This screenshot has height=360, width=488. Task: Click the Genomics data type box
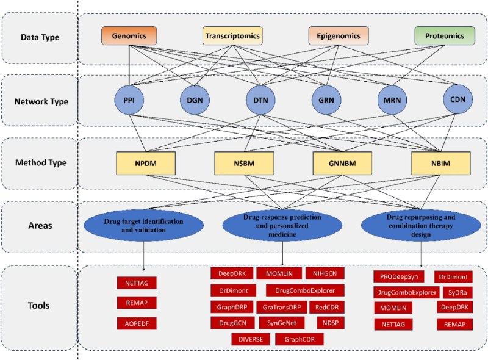[x=129, y=36]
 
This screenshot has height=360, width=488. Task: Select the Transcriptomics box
[x=232, y=36]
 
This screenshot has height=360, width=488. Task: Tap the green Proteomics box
[x=445, y=36]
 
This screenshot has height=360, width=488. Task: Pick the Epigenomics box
[x=339, y=36]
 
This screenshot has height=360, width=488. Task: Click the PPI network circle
[x=129, y=100]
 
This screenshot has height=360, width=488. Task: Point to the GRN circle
[x=326, y=100]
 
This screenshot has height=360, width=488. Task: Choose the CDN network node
[x=458, y=99]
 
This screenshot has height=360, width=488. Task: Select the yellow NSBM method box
[x=244, y=163]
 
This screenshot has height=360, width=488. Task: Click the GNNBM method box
[x=342, y=163]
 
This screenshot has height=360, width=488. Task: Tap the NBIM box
[x=440, y=163]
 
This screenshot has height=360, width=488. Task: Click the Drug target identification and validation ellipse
[x=143, y=226]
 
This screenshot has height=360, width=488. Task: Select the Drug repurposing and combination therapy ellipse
[x=421, y=226]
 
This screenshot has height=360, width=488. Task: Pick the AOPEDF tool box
[x=137, y=323]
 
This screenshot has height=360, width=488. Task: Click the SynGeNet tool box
[x=282, y=323]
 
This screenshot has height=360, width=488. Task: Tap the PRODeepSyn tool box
[x=399, y=276]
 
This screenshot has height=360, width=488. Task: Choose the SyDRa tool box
[x=457, y=293]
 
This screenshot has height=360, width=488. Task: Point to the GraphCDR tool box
[x=300, y=339]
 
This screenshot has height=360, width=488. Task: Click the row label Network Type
[x=41, y=101]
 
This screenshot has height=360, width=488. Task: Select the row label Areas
[x=40, y=226]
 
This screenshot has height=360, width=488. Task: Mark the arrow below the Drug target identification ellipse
[x=144, y=256]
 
